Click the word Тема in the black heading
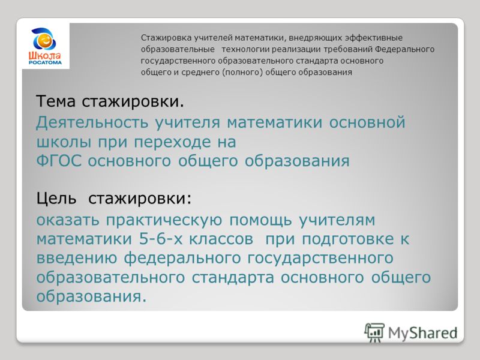tap(55, 101)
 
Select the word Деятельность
tap(92, 123)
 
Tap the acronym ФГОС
tap(59, 161)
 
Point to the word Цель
tap(56, 199)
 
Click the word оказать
tap(68, 220)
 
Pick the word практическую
tap(164, 221)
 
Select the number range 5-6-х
tap(161, 239)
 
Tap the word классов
tap(221, 239)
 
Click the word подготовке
tap(348, 239)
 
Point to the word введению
tap(77, 259)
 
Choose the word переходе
tap(172, 142)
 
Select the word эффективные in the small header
tap(374, 38)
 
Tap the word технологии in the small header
tap(245, 49)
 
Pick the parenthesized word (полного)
tap(242, 73)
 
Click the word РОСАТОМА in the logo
tap(46, 62)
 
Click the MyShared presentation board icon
tap(374, 332)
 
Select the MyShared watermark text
tap(423, 333)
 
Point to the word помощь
tap(260, 221)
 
